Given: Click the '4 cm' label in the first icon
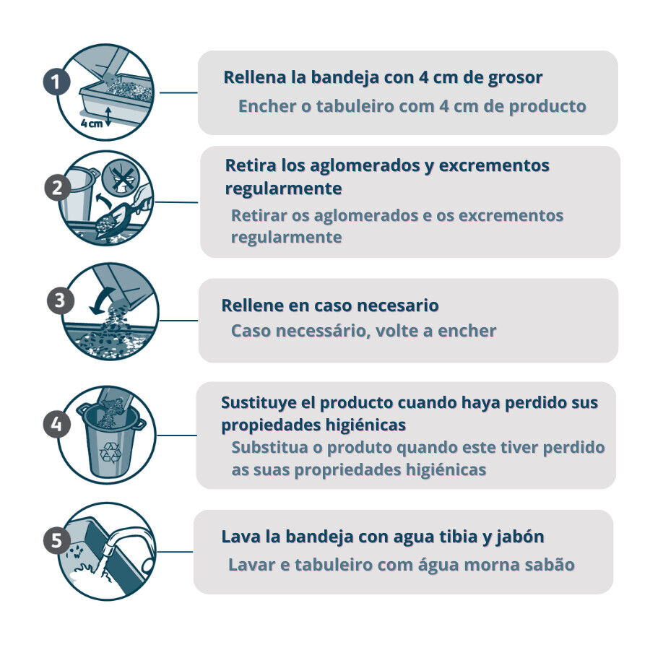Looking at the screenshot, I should [x=92, y=123].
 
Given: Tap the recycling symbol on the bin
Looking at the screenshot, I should [x=110, y=452].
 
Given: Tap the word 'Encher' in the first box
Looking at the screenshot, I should [x=267, y=106].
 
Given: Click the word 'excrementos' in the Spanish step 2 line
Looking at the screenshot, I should [x=494, y=165].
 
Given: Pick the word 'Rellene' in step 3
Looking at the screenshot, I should [x=254, y=305].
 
